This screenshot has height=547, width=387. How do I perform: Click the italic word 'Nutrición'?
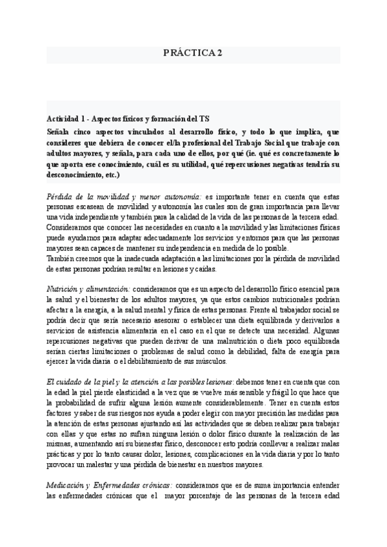pyautogui.click(x=63, y=290)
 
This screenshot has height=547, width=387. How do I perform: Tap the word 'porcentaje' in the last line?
pyautogui.click(x=202, y=497)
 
